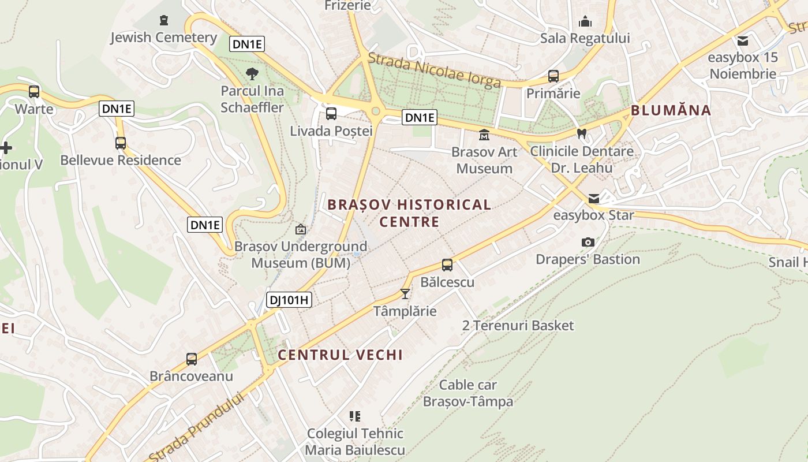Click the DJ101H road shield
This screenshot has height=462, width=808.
289,300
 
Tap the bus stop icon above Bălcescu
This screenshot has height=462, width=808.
447,265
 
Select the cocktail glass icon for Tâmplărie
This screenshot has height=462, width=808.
405,294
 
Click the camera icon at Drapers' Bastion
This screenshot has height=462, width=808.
588,242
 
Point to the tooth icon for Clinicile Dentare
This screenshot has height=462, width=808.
582,134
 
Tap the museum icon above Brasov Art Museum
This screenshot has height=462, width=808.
484,135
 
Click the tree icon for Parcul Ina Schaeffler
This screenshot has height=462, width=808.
252,74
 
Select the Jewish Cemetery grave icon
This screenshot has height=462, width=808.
164,20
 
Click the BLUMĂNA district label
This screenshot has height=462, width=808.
671,110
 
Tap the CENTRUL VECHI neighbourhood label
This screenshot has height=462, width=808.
340,355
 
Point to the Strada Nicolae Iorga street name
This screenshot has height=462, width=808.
434,70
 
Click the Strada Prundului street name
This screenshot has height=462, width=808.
196,427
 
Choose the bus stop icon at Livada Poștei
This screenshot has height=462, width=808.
331,114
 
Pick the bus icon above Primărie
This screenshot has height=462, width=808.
553,76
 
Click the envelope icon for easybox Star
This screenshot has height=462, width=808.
594,199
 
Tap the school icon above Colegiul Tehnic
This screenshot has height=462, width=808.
355,416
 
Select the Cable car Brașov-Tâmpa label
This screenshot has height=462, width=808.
468,393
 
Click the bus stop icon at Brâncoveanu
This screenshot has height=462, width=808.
192,359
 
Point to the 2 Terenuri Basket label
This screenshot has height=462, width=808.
518,326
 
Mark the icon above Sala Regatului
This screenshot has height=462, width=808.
585,22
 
